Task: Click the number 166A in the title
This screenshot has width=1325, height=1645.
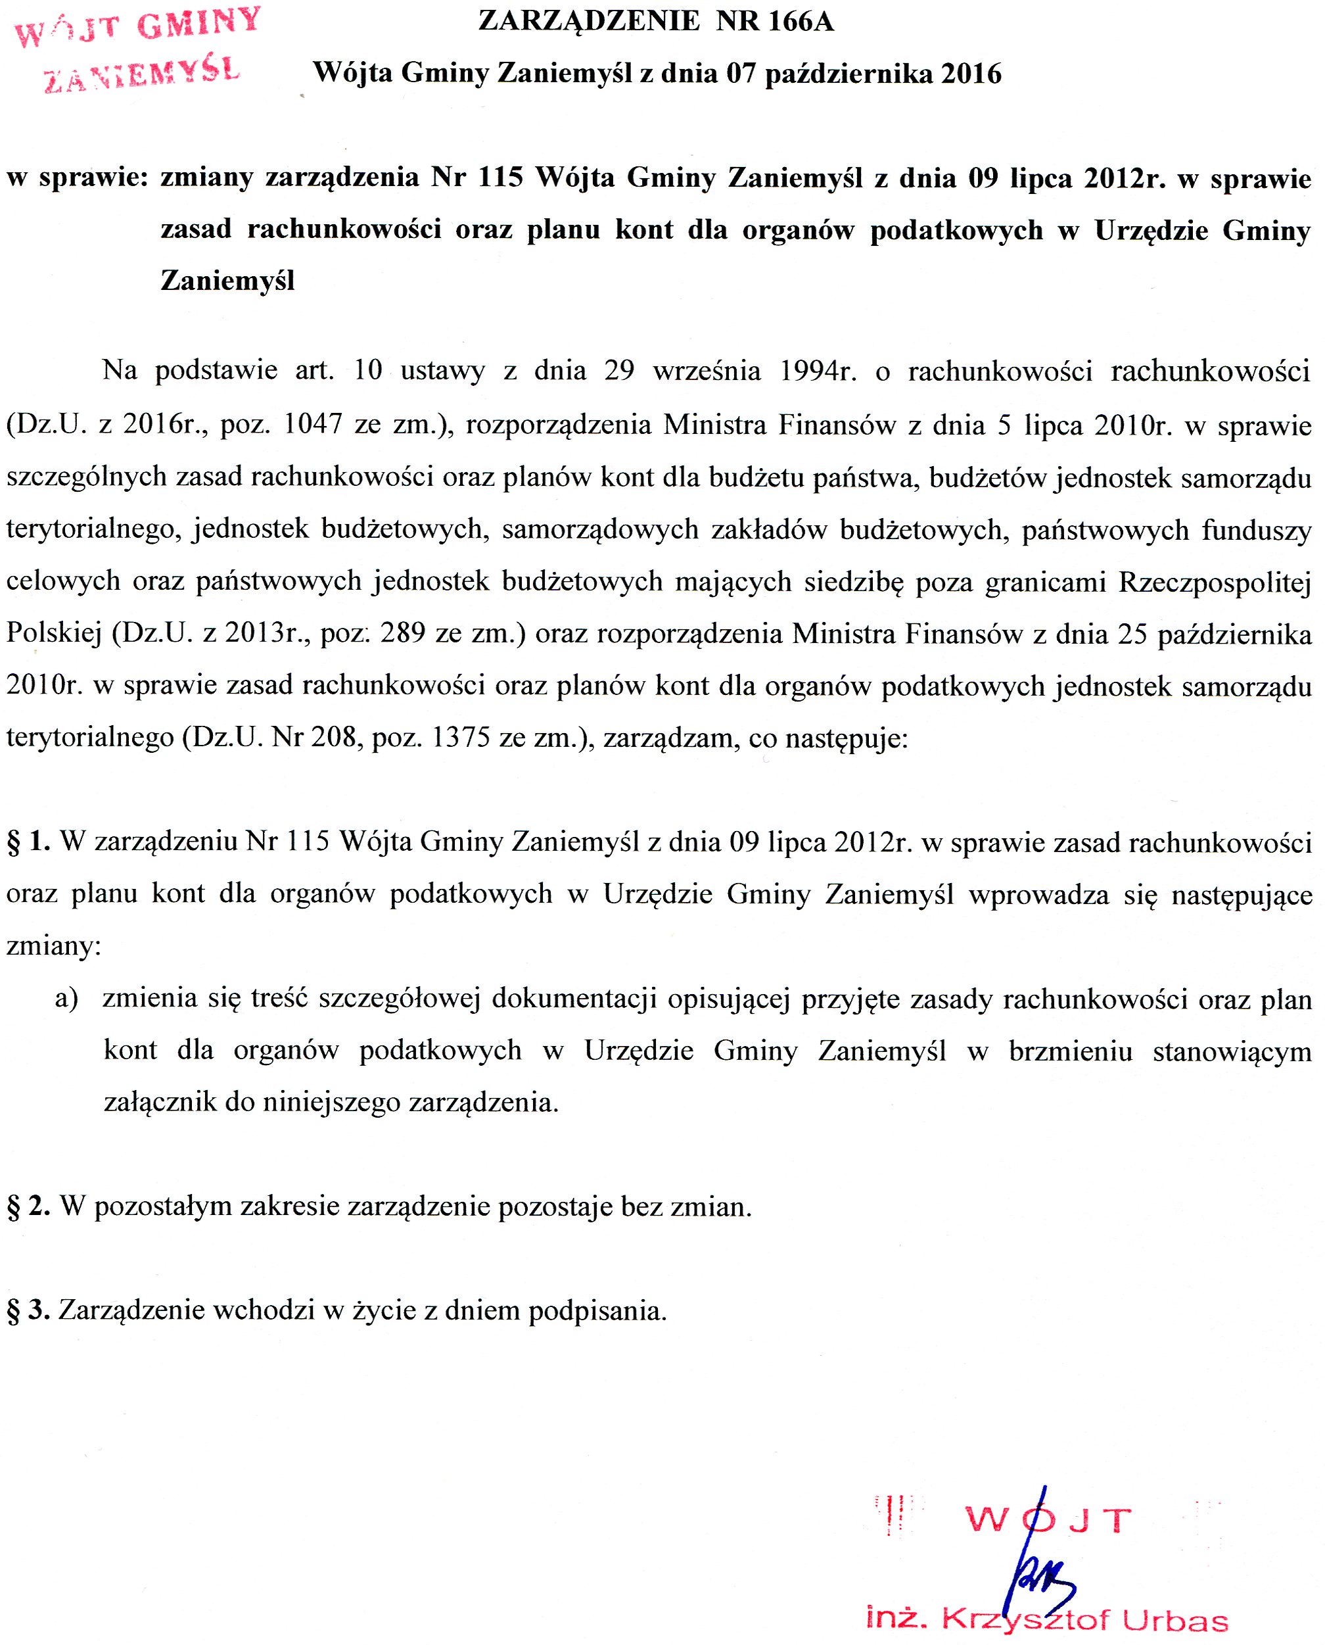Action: coord(801,22)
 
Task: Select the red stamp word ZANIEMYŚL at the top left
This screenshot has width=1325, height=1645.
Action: coord(142,74)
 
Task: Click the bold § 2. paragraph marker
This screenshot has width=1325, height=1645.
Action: coord(29,1206)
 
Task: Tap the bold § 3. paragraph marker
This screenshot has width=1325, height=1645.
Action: coord(29,1310)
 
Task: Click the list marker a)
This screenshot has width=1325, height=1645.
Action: coord(66,999)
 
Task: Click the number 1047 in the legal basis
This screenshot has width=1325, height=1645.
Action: coord(313,425)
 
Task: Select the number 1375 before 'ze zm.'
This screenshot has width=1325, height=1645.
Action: coord(461,738)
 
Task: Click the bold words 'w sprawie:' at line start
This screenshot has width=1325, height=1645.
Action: coord(76,178)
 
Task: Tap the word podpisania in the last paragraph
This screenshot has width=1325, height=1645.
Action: coord(597,1310)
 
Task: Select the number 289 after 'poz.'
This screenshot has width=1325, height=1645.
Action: coord(402,634)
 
